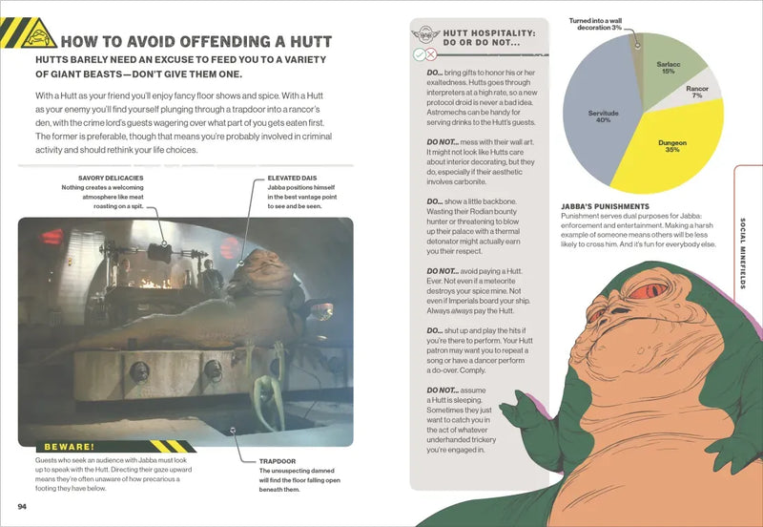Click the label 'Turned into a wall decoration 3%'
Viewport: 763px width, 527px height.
click(x=595, y=24)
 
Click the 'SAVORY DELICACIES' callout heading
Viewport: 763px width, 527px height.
click(x=110, y=178)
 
